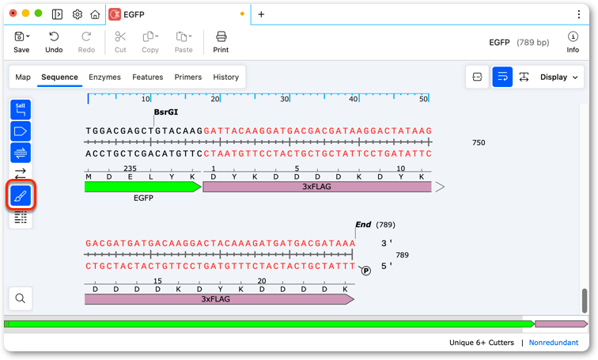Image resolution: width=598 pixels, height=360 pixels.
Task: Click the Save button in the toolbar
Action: point(21,42)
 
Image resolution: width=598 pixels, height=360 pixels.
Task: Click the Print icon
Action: point(221,37)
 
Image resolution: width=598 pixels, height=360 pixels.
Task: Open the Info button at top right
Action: point(573,42)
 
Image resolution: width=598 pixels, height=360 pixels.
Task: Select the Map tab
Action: point(23,77)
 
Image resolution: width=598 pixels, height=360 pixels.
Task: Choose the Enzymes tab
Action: point(104,77)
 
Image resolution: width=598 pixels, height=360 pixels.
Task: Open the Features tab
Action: point(148,77)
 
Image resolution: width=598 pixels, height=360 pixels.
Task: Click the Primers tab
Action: point(188,77)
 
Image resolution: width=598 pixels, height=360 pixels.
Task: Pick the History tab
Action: point(225,77)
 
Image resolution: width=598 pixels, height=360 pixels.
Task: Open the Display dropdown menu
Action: point(558,77)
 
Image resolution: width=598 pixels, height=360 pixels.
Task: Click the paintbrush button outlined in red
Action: point(21,196)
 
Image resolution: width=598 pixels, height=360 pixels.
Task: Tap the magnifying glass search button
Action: point(21,298)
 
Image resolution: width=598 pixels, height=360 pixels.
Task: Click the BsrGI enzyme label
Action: point(166,112)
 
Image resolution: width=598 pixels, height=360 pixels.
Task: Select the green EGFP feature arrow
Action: point(142,187)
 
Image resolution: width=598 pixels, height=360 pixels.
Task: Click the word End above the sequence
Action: point(363,225)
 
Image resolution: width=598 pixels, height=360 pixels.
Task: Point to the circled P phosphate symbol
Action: point(365,271)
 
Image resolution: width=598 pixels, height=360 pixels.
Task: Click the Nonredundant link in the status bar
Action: point(554,343)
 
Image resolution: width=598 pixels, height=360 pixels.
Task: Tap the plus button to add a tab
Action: point(261,14)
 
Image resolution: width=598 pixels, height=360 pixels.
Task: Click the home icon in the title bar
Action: point(95,14)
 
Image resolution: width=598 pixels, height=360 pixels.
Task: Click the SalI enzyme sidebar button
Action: point(21,110)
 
